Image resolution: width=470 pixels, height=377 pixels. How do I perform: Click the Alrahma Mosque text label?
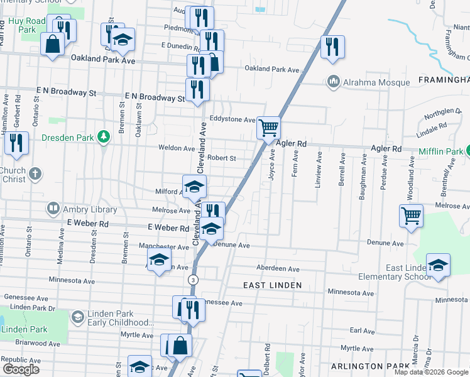coord(376,82)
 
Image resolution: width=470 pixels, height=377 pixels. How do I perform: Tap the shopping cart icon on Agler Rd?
coord(268,128)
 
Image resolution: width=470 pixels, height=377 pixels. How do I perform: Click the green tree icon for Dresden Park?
coord(104,136)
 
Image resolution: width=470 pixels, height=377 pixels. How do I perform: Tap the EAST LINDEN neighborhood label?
coord(273,285)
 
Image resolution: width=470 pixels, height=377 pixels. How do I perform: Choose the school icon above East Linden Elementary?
coord(438,265)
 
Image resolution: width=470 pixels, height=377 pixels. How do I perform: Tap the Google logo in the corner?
coord(21,369)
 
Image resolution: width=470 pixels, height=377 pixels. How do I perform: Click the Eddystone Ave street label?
coord(232,119)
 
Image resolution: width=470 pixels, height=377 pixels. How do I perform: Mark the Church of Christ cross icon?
coord(35,173)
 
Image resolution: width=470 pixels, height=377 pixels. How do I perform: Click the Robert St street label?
coord(222,158)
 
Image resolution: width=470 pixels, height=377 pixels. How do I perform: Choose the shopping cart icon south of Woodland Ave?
coord(410,216)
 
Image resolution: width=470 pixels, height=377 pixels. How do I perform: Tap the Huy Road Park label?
coord(27,25)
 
